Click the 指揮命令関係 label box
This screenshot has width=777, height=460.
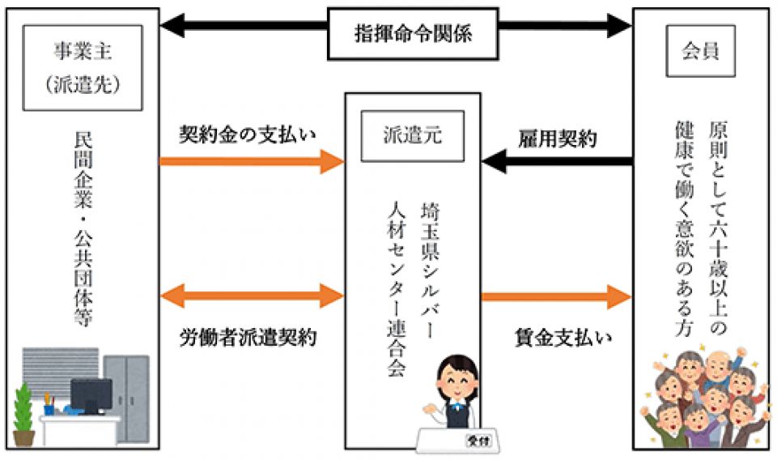coord(413,34)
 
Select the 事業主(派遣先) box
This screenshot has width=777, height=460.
coord(84,66)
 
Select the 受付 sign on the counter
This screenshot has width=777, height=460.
coord(476,441)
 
